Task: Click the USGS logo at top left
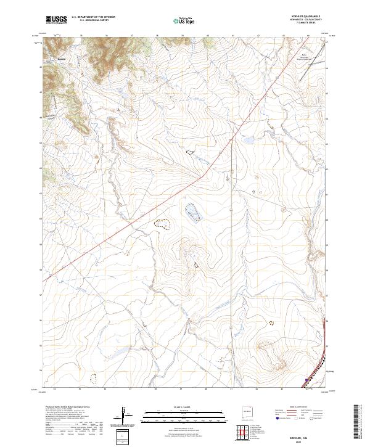pos(57,20)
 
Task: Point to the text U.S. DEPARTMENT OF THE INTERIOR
pos(93,17)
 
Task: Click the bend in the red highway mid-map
pos(202,176)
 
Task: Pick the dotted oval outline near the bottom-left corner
pos(94,377)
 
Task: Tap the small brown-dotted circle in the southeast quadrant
pos(270,322)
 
